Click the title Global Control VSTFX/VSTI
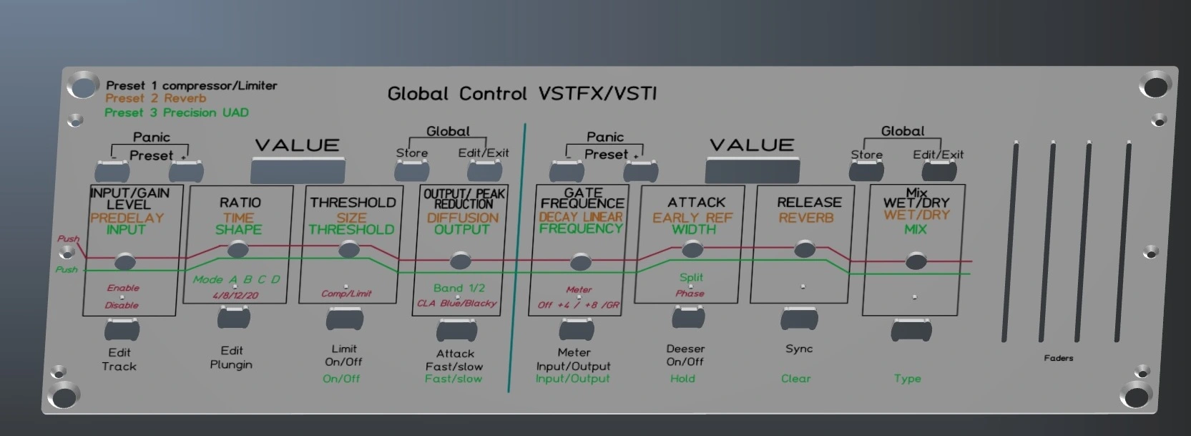click(x=521, y=94)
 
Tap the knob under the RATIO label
click(x=238, y=249)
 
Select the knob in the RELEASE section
click(x=805, y=249)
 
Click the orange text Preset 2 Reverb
click(x=155, y=99)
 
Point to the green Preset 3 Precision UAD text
click(x=176, y=112)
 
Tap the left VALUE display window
click(x=298, y=171)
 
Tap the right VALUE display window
click(x=752, y=170)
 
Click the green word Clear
click(x=795, y=379)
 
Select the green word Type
click(x=907, y=379)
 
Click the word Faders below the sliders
click(x=1058, y=358)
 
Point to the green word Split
click(x=691, y=277)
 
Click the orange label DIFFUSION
click(x=463, y=218)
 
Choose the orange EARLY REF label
click(x=692, y=218)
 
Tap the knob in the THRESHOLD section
click(x=349, y=249)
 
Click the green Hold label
click(x=682, y=379)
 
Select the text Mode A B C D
click(x=236, y=279)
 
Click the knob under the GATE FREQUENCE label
click(x=580, y=261)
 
